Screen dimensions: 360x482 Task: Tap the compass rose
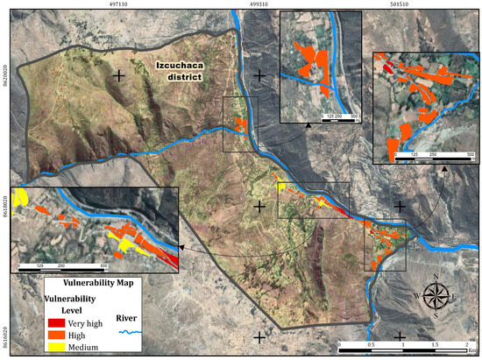coord(436,295)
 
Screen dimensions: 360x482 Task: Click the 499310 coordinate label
coord(259,4)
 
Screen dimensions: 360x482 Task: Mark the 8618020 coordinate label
coord(4,206)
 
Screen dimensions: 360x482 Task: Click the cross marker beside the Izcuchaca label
coord(117,76)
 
